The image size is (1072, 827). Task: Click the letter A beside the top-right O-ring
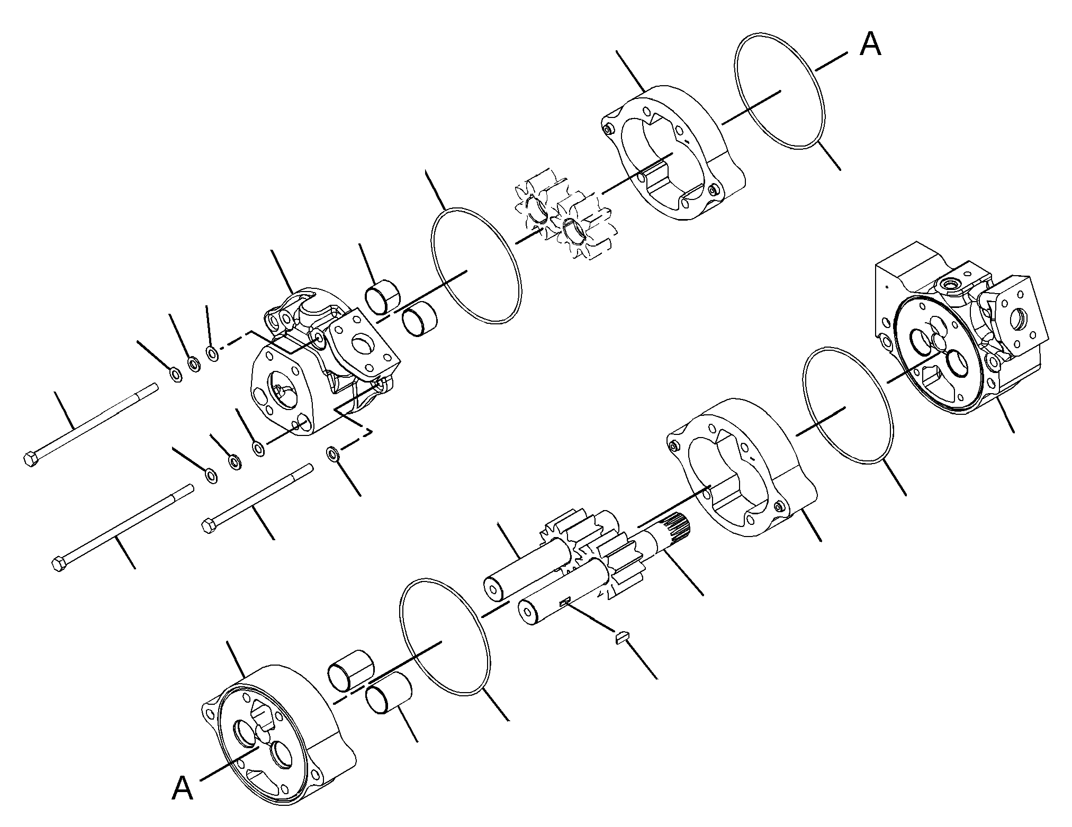pos(870,44)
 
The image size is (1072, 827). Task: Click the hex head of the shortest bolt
pos(210,526)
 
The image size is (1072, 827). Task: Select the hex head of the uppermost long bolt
pos(31,458)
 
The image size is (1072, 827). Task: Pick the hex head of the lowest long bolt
pos(60,564)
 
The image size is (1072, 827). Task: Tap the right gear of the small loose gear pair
pos(582,228)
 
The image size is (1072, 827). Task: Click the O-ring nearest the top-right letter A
pos(780,92)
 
